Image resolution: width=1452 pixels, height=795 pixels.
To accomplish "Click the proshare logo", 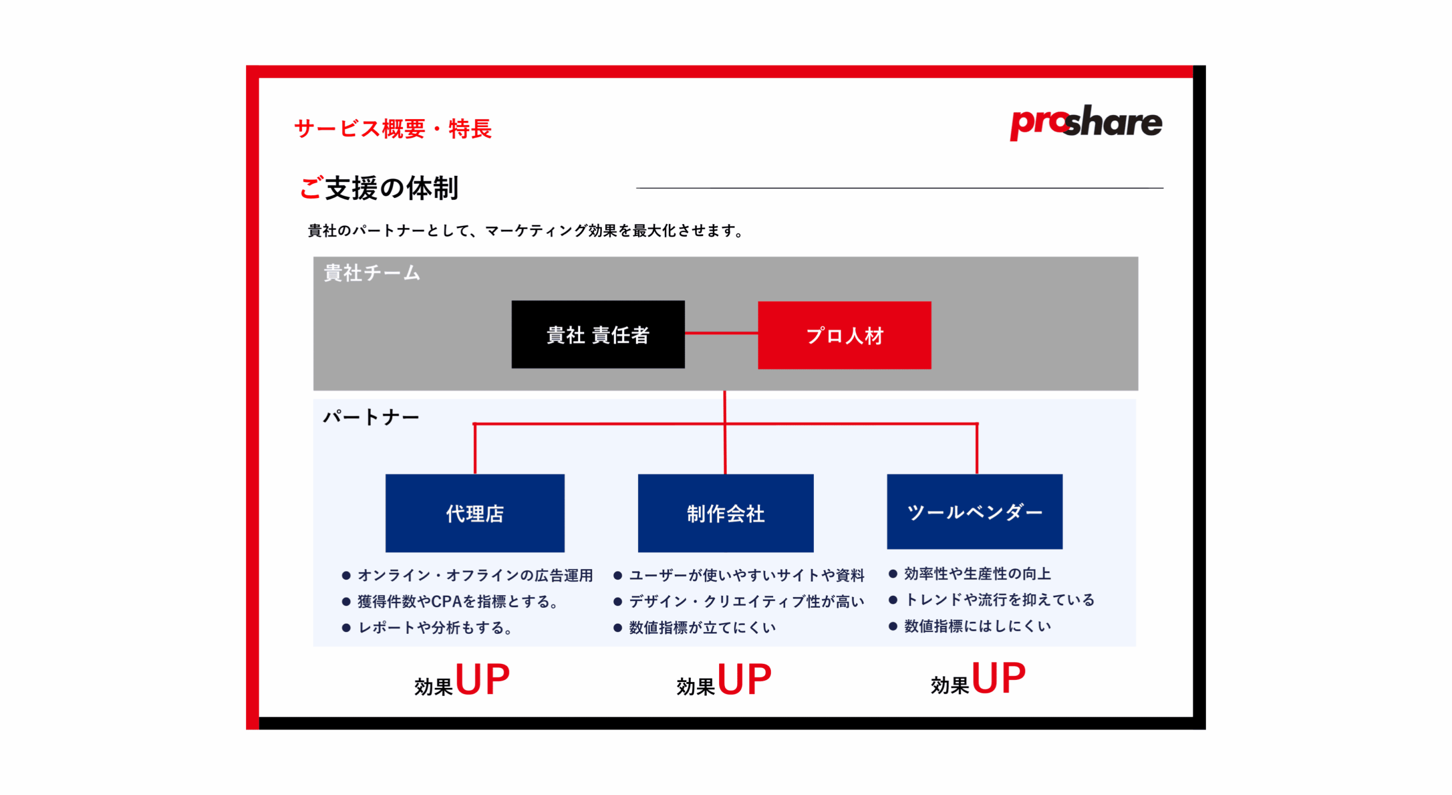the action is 1085,122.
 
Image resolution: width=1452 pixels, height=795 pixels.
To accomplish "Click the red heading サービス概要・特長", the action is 392,129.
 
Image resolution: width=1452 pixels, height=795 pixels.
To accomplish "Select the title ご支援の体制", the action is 378,188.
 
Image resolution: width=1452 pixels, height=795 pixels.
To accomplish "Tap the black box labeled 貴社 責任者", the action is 598,334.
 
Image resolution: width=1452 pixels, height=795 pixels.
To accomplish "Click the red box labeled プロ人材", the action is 844,335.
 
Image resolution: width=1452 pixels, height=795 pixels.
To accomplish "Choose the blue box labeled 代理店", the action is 475,512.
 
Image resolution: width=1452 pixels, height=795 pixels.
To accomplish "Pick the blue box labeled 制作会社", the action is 725,512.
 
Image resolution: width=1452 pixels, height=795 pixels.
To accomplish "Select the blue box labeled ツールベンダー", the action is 974,511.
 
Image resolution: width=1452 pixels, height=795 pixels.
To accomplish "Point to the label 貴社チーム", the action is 372,273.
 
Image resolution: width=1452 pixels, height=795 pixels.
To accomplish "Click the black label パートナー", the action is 371,417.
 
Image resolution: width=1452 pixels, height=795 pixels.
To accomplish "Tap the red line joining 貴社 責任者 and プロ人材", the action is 721,333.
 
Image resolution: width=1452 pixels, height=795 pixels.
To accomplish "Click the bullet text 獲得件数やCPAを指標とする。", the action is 458,601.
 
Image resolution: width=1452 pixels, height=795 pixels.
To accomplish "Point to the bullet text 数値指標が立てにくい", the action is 702,627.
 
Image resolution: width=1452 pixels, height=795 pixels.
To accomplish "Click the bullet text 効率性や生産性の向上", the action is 977,573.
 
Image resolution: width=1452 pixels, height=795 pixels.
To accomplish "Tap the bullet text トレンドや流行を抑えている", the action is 999,599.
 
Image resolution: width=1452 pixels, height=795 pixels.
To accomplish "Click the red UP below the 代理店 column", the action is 482,679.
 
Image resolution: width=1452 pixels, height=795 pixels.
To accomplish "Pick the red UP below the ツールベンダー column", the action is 998,678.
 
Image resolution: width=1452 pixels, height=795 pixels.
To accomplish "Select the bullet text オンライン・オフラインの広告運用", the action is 475,575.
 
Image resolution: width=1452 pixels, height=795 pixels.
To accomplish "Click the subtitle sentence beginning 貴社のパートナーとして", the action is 526,230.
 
